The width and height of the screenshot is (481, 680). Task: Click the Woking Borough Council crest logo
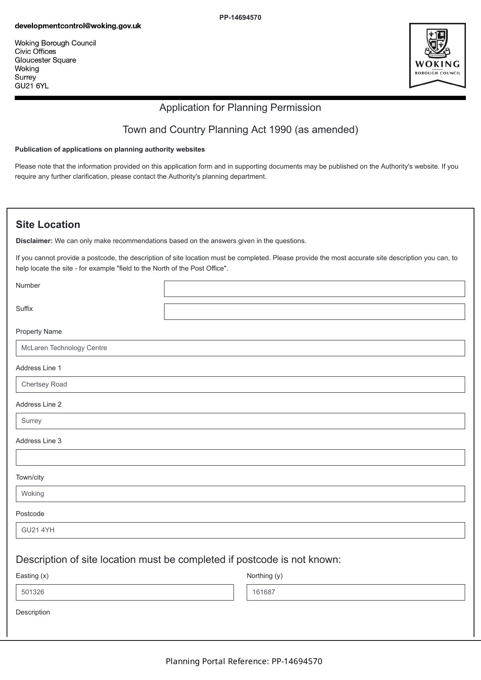point(437,55)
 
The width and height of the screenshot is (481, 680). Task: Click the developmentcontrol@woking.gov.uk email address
point(78,26)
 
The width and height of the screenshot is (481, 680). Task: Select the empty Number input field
point(314,289)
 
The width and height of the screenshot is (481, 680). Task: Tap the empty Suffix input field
point(314,312)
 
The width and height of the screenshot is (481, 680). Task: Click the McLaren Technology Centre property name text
point(64,348)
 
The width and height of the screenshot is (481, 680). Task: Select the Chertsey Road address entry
point(44,385)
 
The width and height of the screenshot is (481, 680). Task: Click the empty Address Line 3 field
point(240,457)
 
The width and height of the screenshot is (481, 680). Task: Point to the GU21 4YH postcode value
point(38,530)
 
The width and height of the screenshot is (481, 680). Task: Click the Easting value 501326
point(33,592)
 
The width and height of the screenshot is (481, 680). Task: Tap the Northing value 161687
point(264,592)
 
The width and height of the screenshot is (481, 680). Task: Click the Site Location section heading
point(48,225)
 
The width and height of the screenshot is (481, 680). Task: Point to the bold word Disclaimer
point(34,241)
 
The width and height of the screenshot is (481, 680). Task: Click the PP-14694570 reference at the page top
point(240,17)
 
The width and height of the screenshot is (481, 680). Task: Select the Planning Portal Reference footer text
point(244,661)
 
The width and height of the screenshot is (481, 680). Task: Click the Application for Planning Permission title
point(240,108)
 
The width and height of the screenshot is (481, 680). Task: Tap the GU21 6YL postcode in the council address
point(32,86)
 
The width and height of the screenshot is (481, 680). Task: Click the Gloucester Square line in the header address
point(45,60)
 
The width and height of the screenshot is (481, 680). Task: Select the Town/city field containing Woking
point(240,494)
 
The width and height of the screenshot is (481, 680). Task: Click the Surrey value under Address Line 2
point(31,421)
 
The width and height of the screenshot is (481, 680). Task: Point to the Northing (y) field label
point(265,576)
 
